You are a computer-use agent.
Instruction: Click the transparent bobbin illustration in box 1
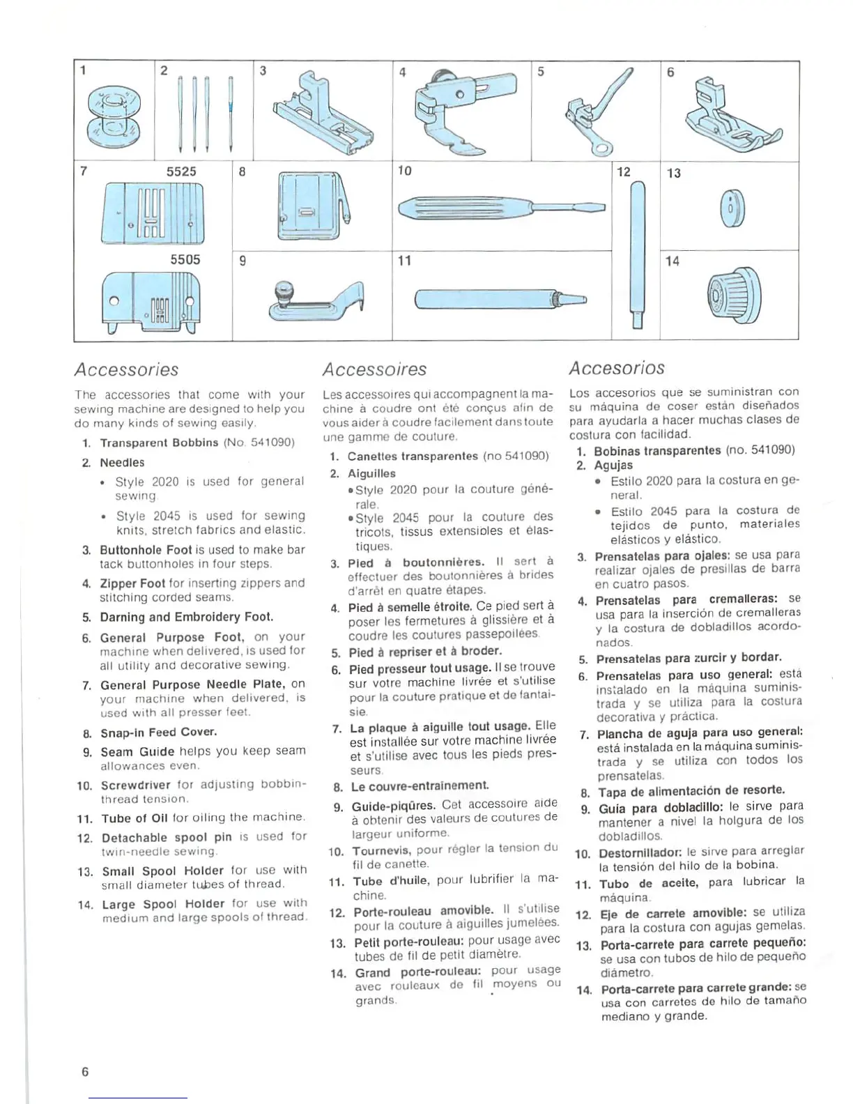click(112, 114)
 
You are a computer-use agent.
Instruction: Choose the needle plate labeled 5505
click(151, 301)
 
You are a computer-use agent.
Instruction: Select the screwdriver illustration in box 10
click(501, 208)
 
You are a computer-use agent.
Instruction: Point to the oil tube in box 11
click(500, 300)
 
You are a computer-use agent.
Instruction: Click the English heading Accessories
click(127, 369)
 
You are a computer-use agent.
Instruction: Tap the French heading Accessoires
click(374, 369)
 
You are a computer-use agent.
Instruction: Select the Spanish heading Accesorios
click(617, 368)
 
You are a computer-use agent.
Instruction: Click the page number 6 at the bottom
click(85, 1072)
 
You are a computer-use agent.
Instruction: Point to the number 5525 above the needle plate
click(181, 171)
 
